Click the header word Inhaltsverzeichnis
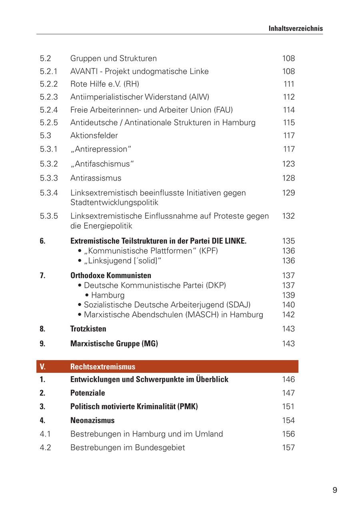(x=296, y=28)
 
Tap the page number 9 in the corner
(x=334, y=490)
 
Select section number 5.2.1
(x=49, y=71)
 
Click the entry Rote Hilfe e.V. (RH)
(x=104, y=84)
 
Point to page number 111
(x=289, y=84)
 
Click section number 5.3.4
(x=49, y=193)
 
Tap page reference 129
(x=288, y=193)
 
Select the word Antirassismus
(x=96, y=178)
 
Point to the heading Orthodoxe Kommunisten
(x=111, y=275)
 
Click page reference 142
(x=288, y=315)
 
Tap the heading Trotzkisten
(x=88, y=329)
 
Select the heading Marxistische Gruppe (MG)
(x=114, y=343)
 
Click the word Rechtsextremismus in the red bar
(x=103, y=367)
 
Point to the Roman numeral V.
(x=42, y=367)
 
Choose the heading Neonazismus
(x=92, y=420)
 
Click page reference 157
(x=288, y=447)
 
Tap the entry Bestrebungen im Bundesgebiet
(x=128, y=447)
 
